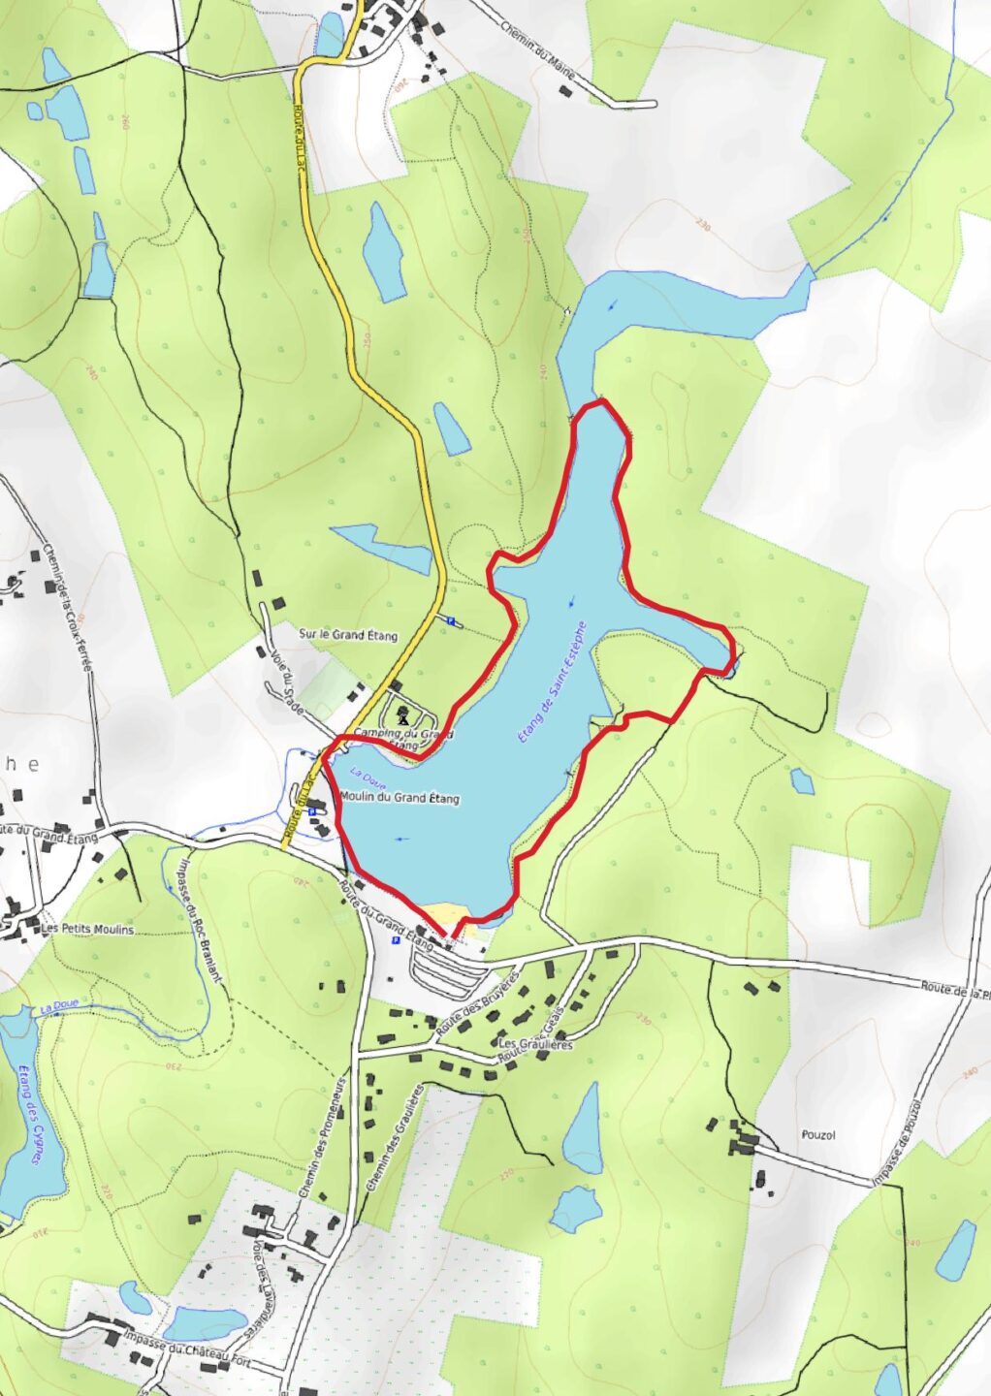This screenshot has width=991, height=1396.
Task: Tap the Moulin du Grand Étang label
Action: click(400, 799)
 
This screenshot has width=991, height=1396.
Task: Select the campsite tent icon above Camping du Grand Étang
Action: click(402, 716)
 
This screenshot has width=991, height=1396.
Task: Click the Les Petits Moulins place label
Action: click(87, 929)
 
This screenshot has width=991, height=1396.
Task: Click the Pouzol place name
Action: click(818, 1134)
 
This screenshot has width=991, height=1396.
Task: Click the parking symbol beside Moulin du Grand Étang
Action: click(312, 813)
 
